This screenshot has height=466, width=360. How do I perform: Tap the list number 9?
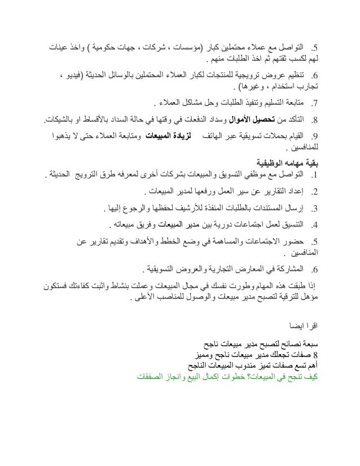click(x=316, y=136)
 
